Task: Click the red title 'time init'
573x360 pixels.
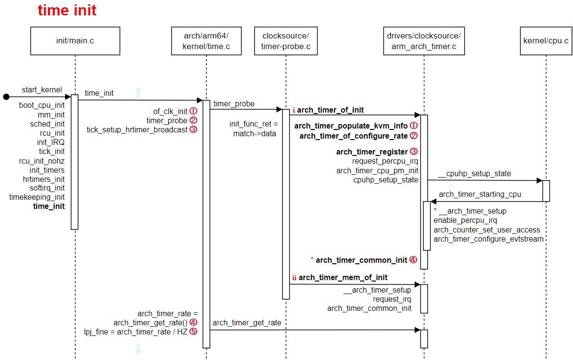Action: point(67,11)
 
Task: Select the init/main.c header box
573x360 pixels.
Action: point(75,41)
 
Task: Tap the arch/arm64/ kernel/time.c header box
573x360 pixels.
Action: point(206,41)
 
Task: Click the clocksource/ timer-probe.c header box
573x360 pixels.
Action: point(285,41)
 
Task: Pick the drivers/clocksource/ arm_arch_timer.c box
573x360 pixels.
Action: point(424,41)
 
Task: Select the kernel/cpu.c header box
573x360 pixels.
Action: point(546,41)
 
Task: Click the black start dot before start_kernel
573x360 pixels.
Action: point(6,97)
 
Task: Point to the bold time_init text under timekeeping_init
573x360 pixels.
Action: point(49,206)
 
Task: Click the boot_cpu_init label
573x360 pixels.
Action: point(42,105)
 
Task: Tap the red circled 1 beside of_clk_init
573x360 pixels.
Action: point(193,111)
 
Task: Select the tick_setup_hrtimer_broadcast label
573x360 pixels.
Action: point(137,129)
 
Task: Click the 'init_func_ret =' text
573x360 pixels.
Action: point(254,124)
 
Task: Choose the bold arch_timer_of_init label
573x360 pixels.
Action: point(330,110)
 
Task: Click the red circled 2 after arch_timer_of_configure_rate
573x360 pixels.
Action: point(413,136)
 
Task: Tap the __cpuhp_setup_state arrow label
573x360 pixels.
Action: point(474,174)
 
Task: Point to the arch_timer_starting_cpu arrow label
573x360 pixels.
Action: point(480,194)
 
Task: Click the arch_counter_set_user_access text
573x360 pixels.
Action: point(487,230)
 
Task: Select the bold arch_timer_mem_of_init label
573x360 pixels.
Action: point(343,278)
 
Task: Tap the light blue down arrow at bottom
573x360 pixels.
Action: point(138,349)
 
